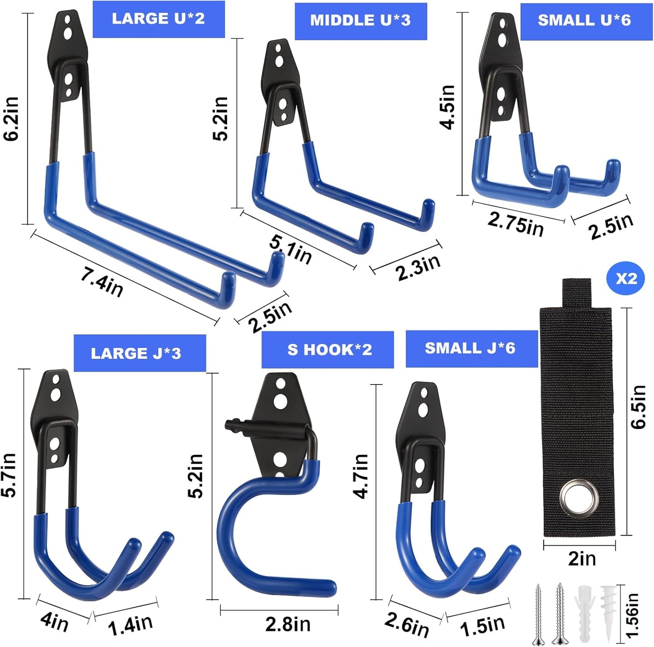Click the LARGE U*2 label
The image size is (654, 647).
(158, 19)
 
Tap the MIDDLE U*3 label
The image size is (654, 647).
(360, 21)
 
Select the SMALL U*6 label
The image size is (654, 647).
(584, 21)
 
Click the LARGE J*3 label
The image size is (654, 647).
(136, 353)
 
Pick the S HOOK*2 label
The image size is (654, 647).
(329, 350)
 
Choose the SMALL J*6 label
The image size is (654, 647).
(470, 348)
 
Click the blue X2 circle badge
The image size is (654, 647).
(626, 279)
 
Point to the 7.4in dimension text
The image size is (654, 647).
(102, 281)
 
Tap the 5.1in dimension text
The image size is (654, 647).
(291, 249)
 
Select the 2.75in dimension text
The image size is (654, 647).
(516, 224)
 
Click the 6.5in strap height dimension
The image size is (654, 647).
(638, 406)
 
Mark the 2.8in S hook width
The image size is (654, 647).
(288, 624)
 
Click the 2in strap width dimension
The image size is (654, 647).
(582, 559)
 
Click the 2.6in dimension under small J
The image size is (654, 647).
(406, 624)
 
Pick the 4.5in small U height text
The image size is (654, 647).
(448, 107)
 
